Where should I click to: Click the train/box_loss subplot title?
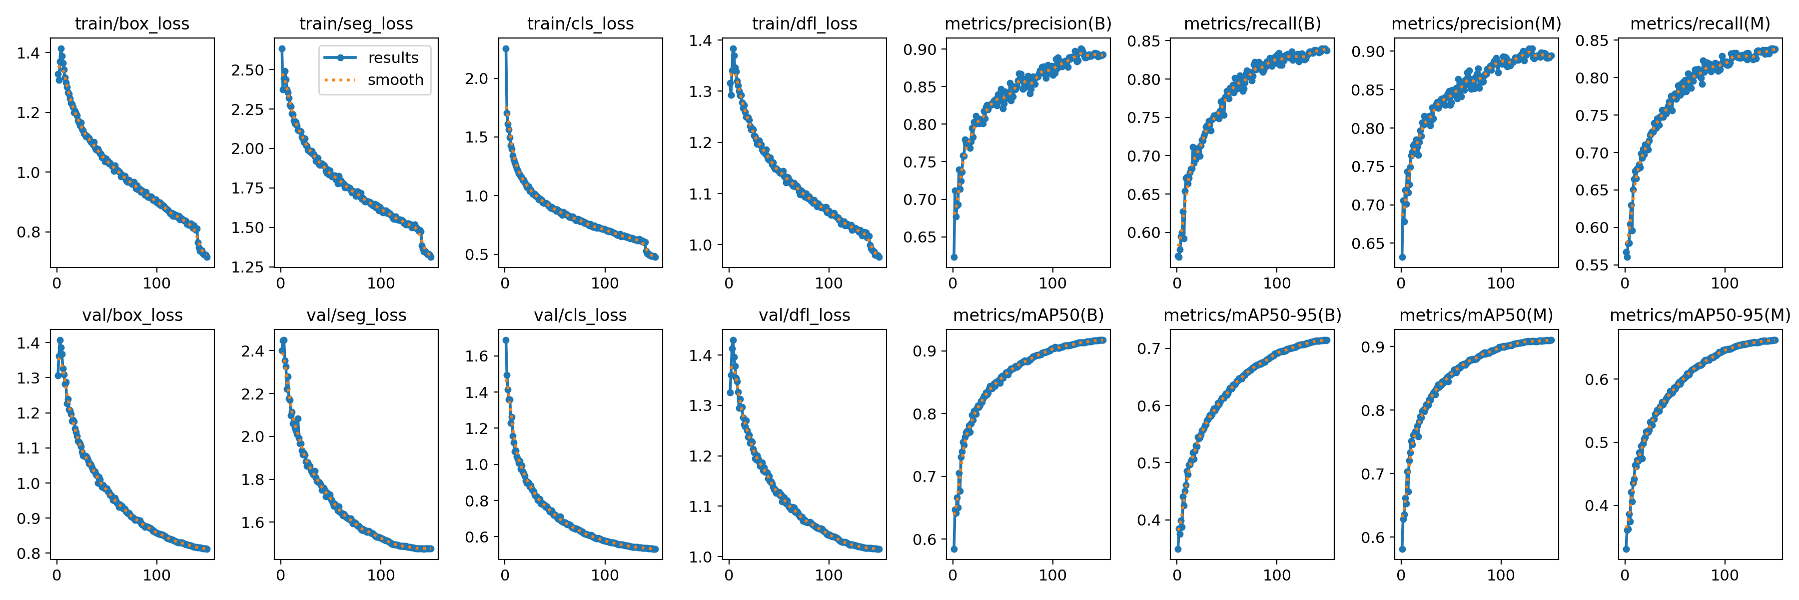tap(132, 23)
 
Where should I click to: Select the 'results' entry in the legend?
tap(392, 58)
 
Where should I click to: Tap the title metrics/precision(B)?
tap(1027, 23)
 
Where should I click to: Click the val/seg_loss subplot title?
tap(356, 315)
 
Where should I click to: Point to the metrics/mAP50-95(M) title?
tap(1700, 315)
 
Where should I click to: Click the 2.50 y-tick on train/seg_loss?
tap(248, 70)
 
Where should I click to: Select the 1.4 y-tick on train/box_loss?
tap(28, 53)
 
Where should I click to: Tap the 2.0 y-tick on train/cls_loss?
tap(477, 79)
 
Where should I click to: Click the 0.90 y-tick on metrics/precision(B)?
tap(920, 49)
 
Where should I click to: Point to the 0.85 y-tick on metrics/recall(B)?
tap(1144, 41)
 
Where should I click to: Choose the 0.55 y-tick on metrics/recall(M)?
tap(1592, 264)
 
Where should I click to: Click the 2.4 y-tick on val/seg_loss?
tap(253, 351)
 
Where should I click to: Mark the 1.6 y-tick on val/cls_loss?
tap(477, 356)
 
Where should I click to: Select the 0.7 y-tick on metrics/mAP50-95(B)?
tap(1148, 348)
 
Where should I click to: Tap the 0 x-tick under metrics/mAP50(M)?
tap(1401, 575)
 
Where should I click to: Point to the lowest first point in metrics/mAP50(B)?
tap(954, 549)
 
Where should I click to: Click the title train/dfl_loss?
tap(804, 23)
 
